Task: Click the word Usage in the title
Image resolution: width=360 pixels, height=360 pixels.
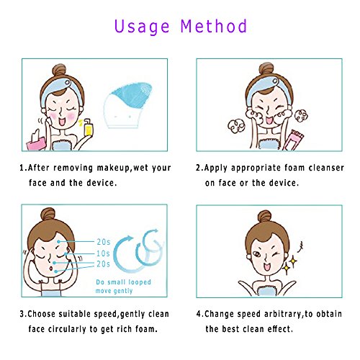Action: pos(142,27)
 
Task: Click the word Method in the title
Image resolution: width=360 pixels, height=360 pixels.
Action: pos(214,26)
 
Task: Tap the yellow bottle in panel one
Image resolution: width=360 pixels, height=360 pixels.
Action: pos(89,127)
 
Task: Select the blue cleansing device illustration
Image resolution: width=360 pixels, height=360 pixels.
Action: pos(128,105)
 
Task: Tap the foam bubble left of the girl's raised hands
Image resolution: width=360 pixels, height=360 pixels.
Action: pos(236,126)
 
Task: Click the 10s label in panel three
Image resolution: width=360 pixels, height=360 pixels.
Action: pos(103,253)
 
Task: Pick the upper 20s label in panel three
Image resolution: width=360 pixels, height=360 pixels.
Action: pos(104,242)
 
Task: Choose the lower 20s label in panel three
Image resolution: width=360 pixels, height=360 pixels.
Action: pos(103,264)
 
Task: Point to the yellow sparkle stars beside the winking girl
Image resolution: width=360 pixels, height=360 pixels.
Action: pos(289,265)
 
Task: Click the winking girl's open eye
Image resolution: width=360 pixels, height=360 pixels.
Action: pos(257,254)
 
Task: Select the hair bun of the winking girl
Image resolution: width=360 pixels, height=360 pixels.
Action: pos(264,217)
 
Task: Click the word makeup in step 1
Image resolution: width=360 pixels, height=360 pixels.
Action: pos(113,168)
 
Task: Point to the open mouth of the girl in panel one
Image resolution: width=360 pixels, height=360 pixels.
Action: pos(62,122)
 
